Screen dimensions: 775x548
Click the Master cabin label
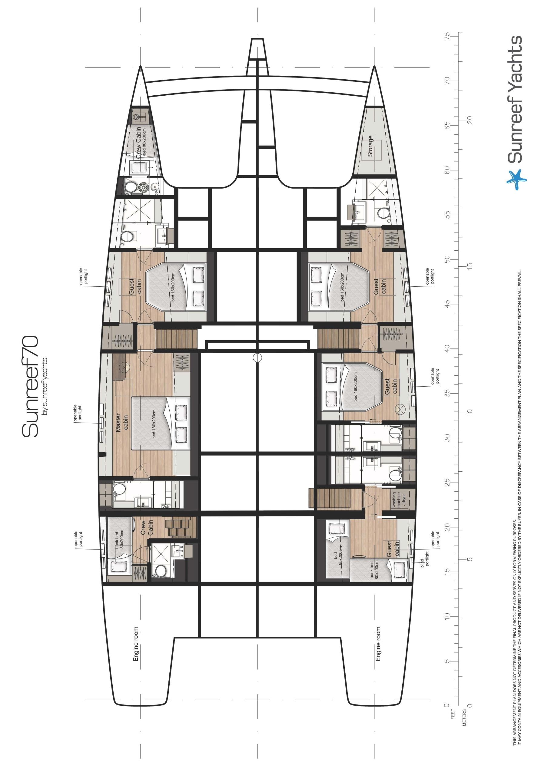(x=122, y=422)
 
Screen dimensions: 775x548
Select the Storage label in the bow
(x=370, y=146)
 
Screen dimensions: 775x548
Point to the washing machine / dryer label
(x=399, y=500)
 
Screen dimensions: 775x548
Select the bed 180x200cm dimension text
(x=154, y=424)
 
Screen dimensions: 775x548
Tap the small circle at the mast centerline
(x=257, y=358)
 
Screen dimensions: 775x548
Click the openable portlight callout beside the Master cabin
(x=78, y=413)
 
